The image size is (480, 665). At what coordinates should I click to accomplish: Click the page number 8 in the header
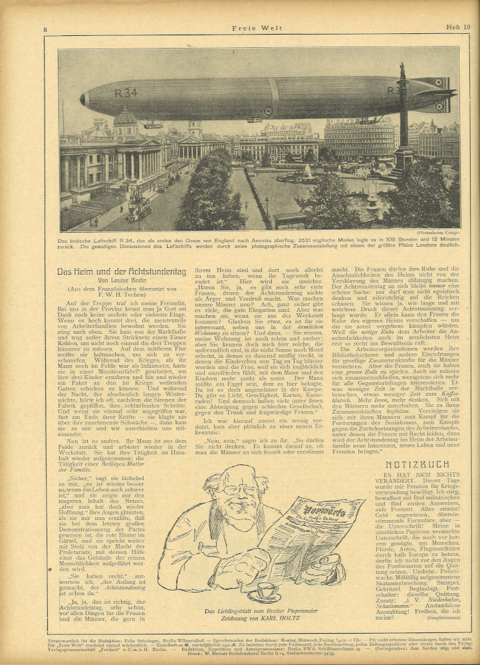[x=45, y=29]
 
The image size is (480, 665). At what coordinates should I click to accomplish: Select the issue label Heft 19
[x=458, y=27]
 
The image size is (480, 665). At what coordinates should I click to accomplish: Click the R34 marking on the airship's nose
[x=126, y=93]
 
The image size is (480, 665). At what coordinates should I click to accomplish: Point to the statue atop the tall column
[x=402, y=70]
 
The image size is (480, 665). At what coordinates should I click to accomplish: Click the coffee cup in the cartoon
[x=267, y=590]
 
